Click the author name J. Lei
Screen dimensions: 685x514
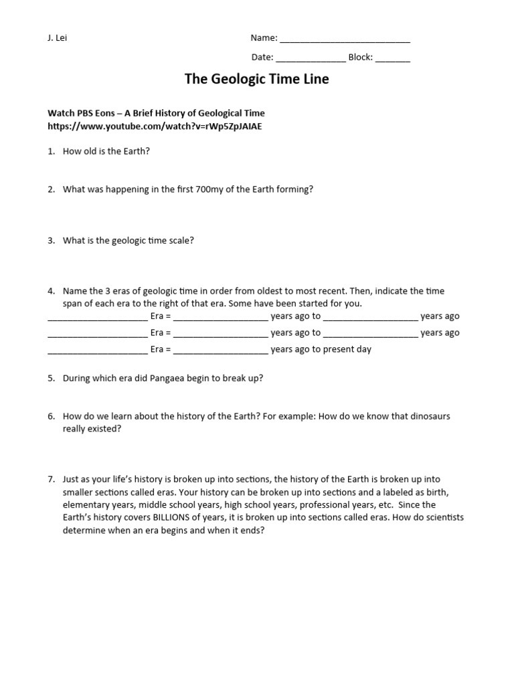click(x=57, y=38)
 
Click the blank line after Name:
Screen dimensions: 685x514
click(x=345, y=39)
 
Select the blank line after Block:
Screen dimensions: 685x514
click(x=392, y=58)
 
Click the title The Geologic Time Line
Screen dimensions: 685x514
click(x=256, y=80)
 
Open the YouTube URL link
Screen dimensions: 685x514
click(x=150, y=126)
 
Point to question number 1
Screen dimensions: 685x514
click(x=51, y=151)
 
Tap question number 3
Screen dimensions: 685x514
click(x=51, y=240)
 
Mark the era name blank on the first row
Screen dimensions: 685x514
click(x=98, y=317)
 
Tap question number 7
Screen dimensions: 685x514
click(x=51, y=480)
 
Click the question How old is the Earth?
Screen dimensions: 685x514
click(x=106, y=151)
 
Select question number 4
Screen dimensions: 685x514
click(x=51, y=291)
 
